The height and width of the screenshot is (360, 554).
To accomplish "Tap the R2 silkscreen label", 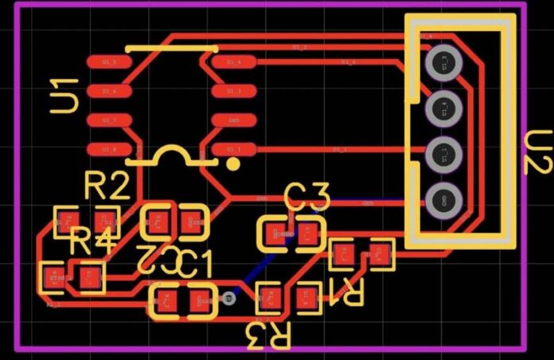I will click(x=107, y=187).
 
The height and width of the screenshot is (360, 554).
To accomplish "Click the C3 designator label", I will click(x=307, y=196).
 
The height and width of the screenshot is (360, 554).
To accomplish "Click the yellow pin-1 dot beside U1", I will click(x=233, y=163).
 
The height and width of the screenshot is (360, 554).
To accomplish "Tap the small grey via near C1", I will click(x=229, y=299).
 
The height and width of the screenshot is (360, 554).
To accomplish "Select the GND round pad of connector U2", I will click(x=439, y=200).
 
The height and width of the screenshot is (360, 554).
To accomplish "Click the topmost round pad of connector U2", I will click(x=439, y=62).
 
